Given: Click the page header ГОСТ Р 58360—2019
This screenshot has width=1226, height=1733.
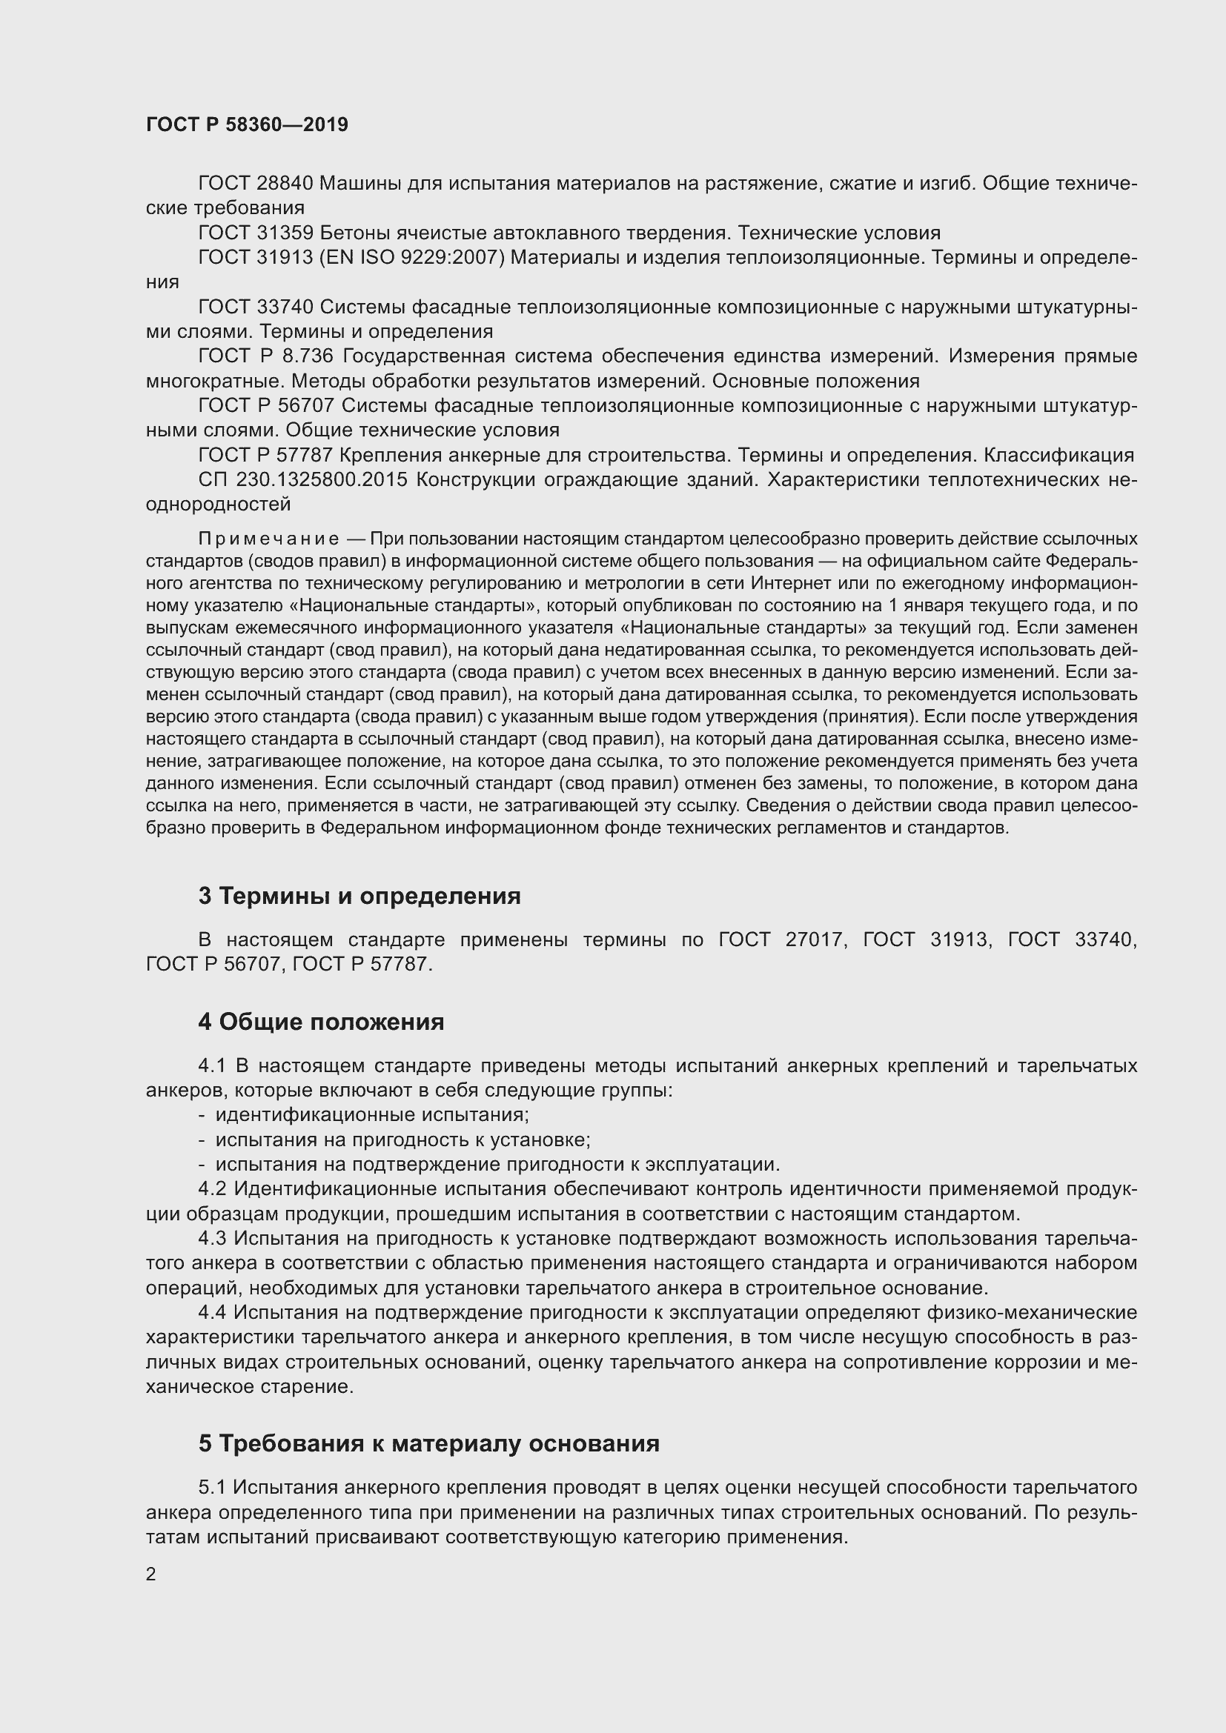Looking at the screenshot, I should (247, 124).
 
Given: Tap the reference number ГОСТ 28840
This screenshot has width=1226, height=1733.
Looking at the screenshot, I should (255, 184).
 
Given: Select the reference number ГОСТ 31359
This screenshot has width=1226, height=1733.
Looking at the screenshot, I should (255, 233).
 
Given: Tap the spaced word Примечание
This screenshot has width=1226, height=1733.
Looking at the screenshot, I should (268, 539).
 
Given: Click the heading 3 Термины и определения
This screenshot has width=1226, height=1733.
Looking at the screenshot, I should (359, 896).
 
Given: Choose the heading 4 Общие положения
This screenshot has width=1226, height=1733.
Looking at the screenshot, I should (321, 1022).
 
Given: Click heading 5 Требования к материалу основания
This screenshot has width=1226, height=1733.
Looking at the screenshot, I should (428, 1443).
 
